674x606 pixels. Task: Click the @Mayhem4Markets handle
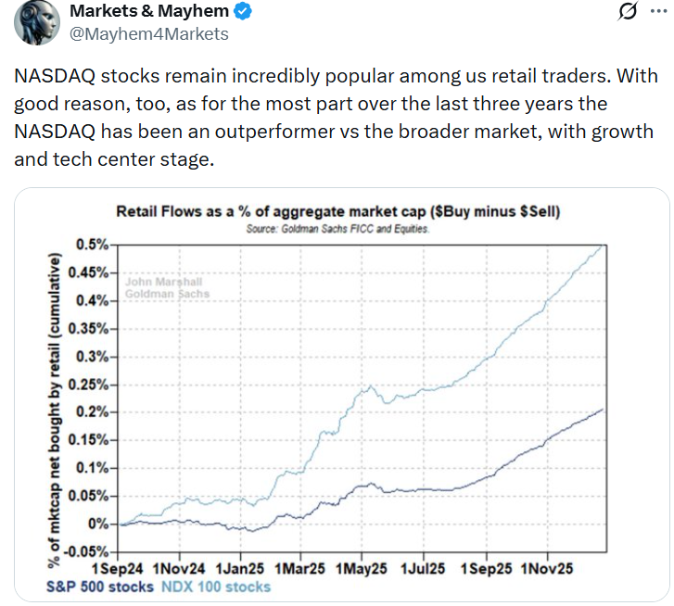coord(148,34)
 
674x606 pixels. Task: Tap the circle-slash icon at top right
coord(627,13)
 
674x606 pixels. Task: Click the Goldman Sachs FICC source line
coord(337,228)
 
